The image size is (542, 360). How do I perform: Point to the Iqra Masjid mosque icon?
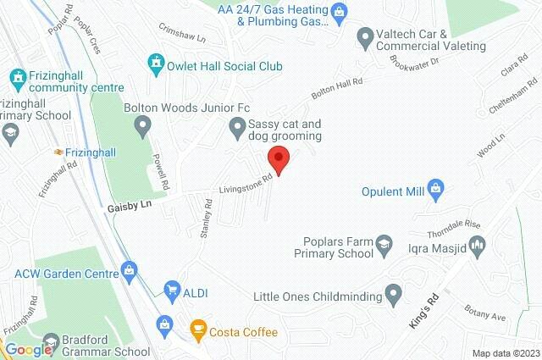478,246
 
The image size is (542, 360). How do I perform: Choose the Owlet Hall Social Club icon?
155,63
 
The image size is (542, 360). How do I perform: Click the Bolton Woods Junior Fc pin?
142,127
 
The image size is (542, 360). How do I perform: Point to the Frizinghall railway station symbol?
58,152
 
